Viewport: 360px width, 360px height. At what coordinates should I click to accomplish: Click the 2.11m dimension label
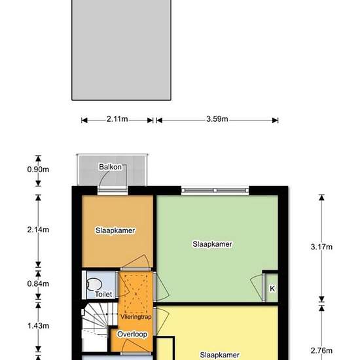pos(117,120)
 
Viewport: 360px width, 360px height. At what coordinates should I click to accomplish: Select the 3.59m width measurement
pos(217,120)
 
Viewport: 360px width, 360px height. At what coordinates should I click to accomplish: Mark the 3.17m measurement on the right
pos(321,247)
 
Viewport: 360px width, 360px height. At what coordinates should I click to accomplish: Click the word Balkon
pos(110,167)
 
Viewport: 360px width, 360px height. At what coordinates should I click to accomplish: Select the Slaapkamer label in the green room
pos(212,244)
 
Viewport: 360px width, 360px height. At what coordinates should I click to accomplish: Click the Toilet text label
pos(103,295)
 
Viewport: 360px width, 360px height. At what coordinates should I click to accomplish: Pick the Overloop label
pos(132,334)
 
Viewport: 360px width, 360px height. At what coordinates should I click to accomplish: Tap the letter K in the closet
pos(272,288)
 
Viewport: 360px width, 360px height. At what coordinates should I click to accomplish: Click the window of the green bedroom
pos(215,190)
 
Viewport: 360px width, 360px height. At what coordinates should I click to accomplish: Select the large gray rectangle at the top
pos(122,49)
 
